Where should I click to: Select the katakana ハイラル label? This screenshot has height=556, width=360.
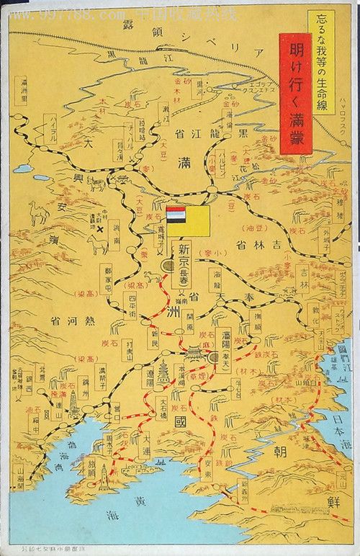coord(53,133)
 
